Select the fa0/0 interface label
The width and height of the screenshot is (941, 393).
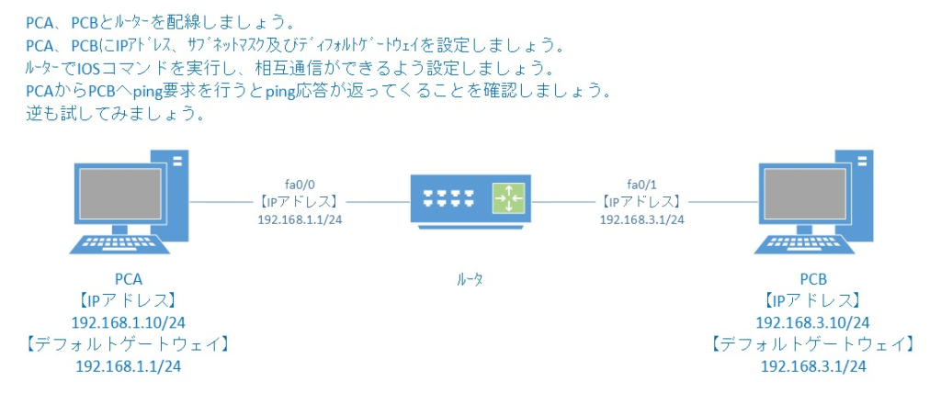tap(299, 182)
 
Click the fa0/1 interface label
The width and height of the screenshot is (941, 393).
tap(641, 182)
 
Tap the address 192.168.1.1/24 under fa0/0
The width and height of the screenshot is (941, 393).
tap(300, 219)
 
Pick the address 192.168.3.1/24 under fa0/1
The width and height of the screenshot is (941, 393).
tap(641, 219)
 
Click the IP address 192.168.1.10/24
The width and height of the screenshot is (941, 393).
tap(128, 322)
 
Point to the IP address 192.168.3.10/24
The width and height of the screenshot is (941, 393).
tap(813, 322)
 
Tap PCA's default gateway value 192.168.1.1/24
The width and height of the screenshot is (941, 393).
tap(128, 365)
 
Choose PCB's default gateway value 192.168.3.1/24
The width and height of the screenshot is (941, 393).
tap(813, 365)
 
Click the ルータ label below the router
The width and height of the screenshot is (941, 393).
tap(470, 279)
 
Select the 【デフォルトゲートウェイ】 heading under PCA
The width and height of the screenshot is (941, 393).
tap(128, 344)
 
